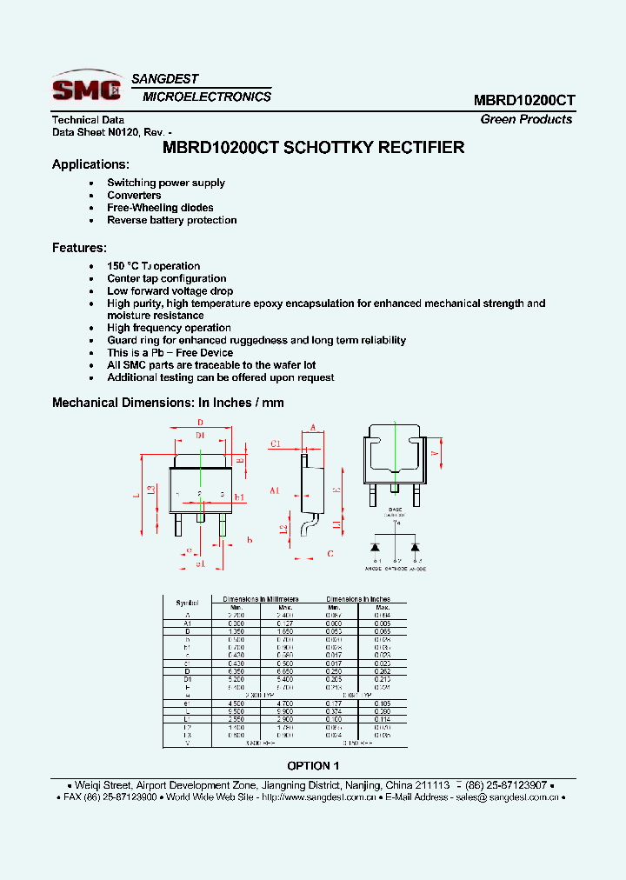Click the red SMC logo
point(86,89)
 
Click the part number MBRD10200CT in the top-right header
point(524,100)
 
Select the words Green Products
point(526,119)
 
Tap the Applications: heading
point(90,164)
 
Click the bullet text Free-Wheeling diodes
point(160,208)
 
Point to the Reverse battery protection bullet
point(171,220)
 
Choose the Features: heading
point(79,248)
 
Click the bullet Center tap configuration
point(166,278)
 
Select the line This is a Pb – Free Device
point(170,353)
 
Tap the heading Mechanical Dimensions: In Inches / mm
point(168,403)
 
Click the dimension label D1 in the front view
point(199,434)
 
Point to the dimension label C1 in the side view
point(276,443)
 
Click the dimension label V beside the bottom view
point(435,453)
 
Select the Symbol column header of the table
point(187,603)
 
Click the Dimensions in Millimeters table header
point(260,599)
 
